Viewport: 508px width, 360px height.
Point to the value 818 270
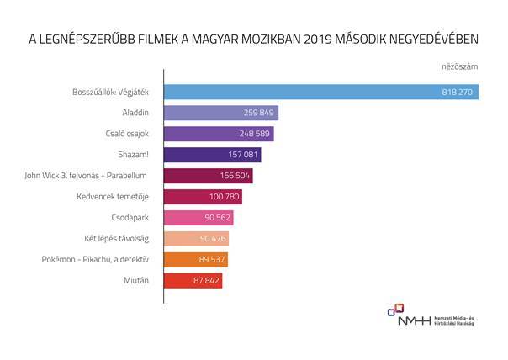[x=457, y=92]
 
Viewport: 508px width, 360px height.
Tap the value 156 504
[x=233, y=176]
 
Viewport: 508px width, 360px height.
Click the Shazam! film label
[x=135, y=155]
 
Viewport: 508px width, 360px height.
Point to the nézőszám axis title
[x=460, y=66]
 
